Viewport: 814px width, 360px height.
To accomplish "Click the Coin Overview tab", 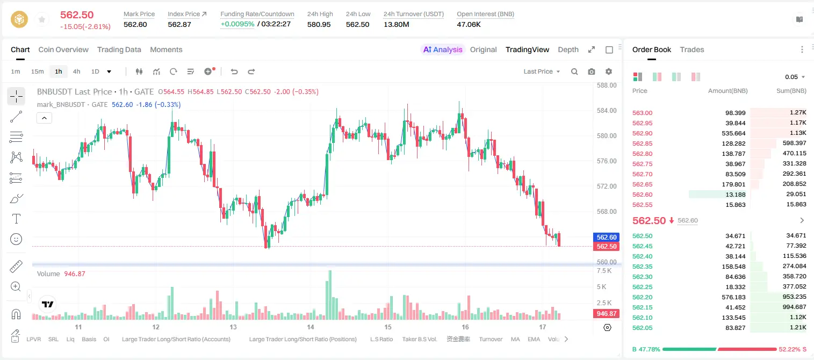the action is (63, 49).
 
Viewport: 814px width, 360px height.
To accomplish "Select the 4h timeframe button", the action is (76, 71).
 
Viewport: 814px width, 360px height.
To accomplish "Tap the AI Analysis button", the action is (443, 49).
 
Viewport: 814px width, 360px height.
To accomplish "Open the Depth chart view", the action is (568, 49).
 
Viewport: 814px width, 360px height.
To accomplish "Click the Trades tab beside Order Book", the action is (692, 49).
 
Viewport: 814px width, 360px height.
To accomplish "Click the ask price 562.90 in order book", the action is (642, 133).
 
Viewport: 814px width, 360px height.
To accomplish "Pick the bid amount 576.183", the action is (733, 297).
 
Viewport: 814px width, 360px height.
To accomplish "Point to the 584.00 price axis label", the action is (607, 111).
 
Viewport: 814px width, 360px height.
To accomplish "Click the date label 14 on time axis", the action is (311, 327).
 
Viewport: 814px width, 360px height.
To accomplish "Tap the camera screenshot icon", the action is (591, 71).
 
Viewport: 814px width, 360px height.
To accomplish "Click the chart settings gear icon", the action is (609, 71).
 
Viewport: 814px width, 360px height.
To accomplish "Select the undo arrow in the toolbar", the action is (234, 71).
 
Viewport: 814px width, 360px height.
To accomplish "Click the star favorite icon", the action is (42, 19).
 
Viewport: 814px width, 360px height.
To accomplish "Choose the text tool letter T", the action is (16, 219).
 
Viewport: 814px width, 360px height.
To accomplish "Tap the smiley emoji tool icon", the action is (16, 239).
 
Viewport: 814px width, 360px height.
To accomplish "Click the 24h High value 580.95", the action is (319, 24).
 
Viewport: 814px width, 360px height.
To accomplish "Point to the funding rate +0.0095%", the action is (237, 24).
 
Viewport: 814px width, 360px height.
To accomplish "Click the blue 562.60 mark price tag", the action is (607, 237).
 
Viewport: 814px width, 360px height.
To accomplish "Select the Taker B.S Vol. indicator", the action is (419, 339).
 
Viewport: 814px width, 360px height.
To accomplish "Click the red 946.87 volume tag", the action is (606, 313).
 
